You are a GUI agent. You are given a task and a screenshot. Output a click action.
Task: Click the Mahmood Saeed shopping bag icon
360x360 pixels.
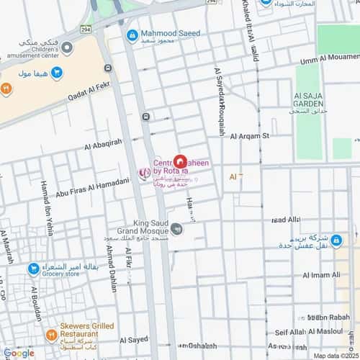click(132, 34)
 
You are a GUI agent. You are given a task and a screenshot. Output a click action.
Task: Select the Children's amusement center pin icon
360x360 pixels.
click(67, 48)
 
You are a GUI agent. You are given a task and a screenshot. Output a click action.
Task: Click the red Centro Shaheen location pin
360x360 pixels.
click(181, 162)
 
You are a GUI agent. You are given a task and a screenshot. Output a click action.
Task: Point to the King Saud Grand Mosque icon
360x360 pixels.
click(176, 230)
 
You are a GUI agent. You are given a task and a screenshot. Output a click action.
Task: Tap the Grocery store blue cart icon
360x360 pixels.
click(33, 269)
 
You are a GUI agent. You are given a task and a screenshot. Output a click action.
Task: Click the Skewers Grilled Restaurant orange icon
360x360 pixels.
click(51, 335)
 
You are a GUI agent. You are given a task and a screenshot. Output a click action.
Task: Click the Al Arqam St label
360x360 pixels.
click(249, 135)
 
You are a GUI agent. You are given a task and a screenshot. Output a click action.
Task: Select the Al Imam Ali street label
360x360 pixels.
click(321, 275)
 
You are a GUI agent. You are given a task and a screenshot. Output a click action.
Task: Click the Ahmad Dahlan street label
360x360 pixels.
click(111, 269)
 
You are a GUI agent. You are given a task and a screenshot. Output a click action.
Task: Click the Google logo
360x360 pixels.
click(19, 353)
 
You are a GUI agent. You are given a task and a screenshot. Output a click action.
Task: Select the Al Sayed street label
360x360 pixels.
click(134, 339)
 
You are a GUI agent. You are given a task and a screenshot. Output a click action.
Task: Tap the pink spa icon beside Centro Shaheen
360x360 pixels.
click(143, 172)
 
